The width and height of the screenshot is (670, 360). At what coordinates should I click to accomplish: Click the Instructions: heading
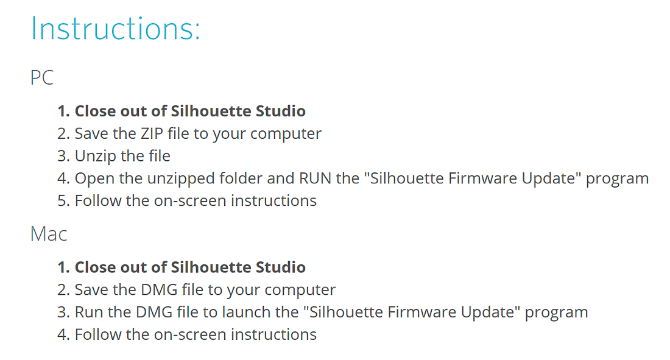(115, 29)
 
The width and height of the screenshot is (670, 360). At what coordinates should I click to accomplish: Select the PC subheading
(42, 78)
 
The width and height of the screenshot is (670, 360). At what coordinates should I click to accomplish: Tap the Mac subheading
(49, 235)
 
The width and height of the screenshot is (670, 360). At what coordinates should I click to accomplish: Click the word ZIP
(152, 134)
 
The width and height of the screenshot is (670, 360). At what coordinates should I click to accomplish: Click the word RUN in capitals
(315, 178)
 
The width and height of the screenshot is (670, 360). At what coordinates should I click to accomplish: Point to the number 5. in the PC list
(64, 201)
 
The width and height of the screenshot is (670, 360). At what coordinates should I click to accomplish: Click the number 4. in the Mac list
(64, 335)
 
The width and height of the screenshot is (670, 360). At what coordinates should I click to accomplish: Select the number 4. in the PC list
(64, 178)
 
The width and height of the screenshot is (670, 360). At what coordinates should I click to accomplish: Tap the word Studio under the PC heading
(280, 111)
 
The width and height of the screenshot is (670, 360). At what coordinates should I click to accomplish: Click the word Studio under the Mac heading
(280, 267)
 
